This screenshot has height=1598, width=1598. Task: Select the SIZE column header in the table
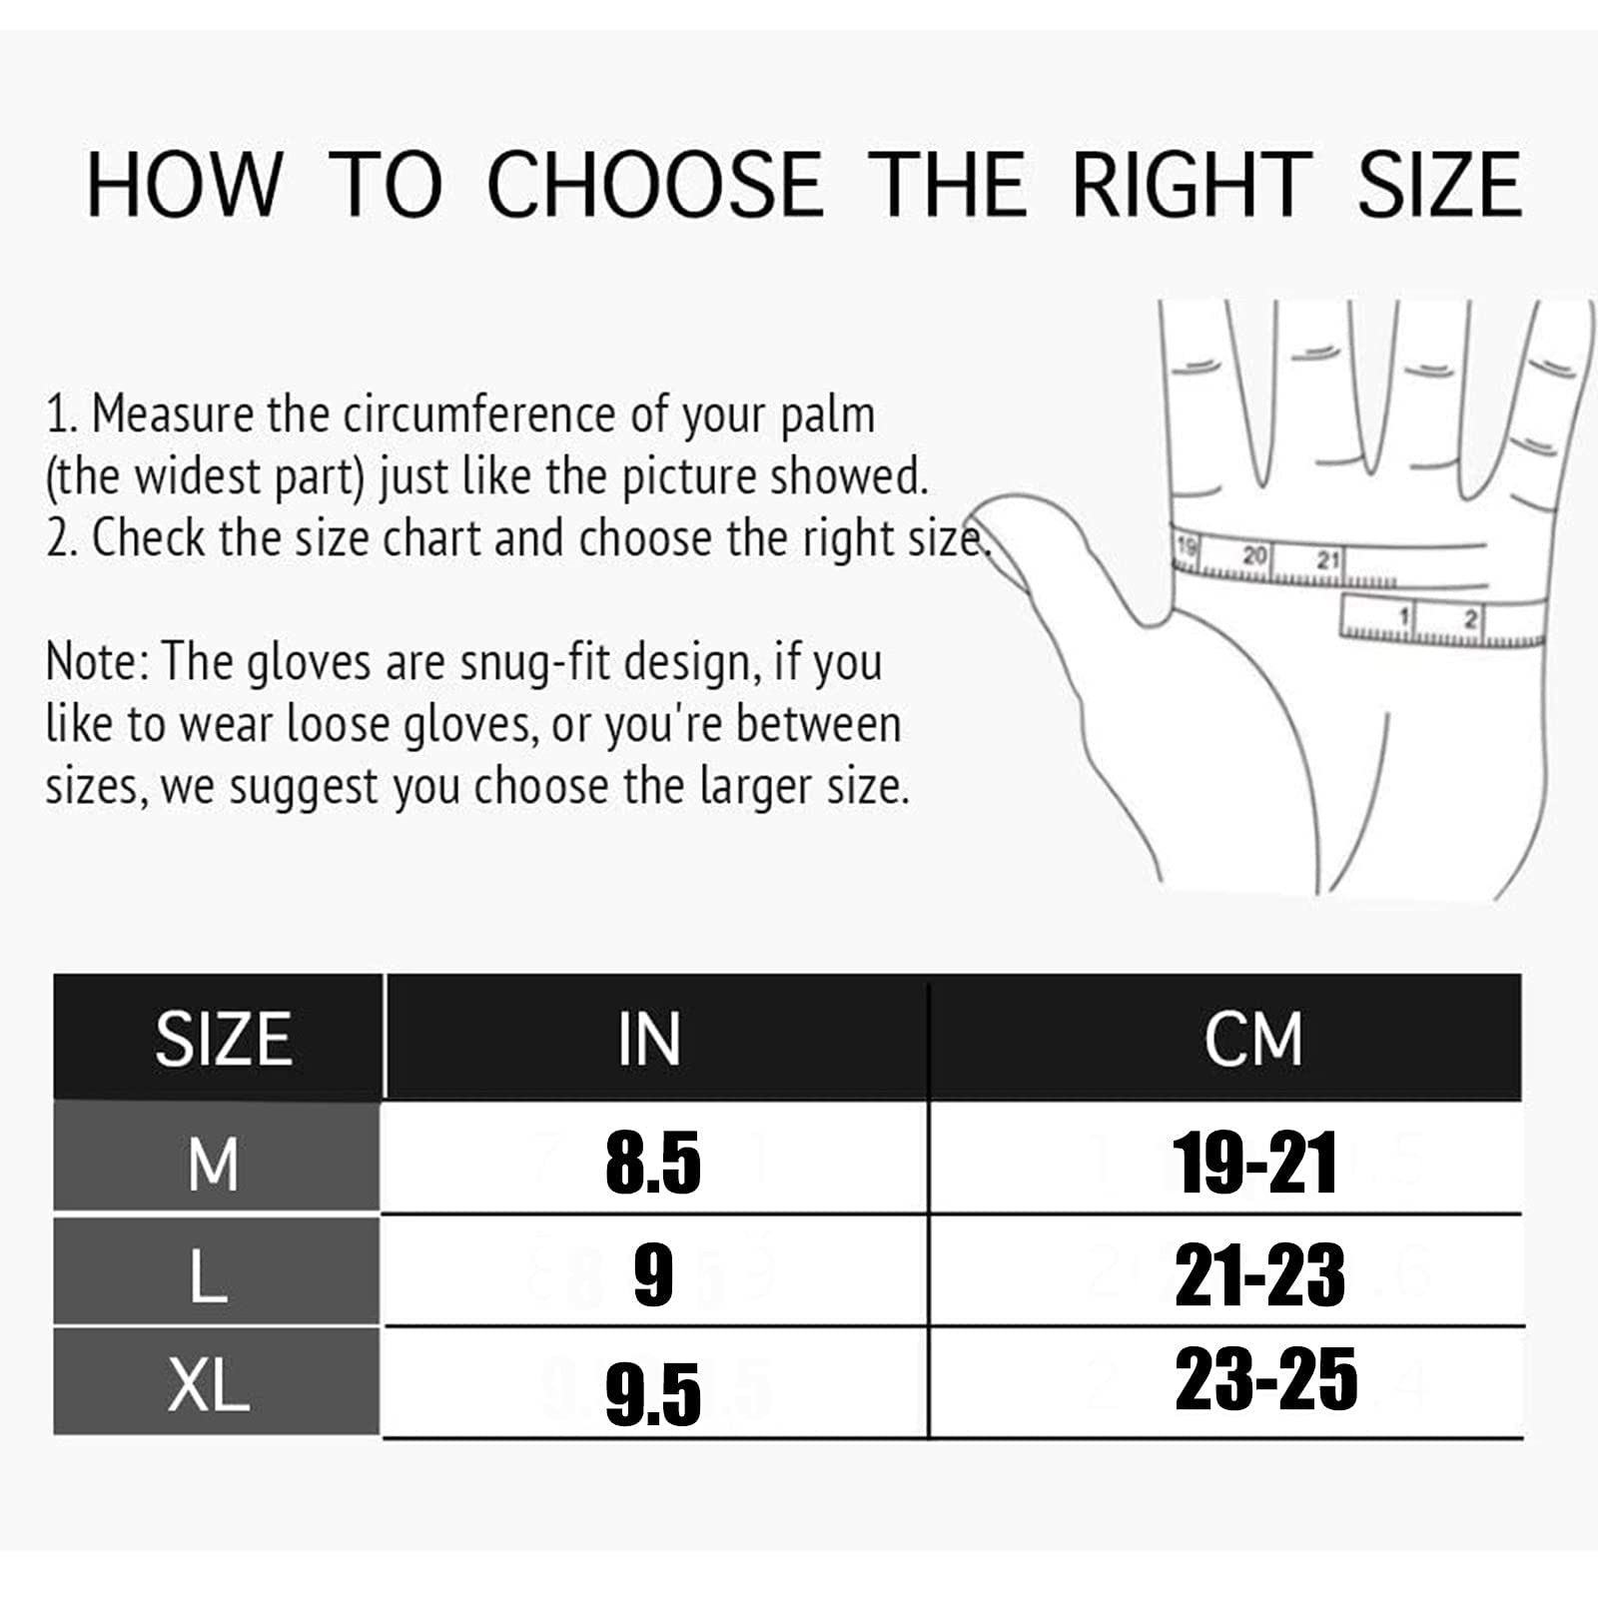pos(223,1039)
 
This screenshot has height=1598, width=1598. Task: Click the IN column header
pos(649,1039)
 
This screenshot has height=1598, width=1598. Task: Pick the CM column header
pos(1253,1039)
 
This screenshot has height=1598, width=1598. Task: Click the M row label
pos(213,1164)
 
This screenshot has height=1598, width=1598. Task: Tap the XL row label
pos(208,1385)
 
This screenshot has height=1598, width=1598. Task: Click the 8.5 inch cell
pos(653,1164)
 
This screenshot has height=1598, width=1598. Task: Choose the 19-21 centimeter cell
pos(1255,1164)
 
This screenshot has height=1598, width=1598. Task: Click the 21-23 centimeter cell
pos(1259,1275)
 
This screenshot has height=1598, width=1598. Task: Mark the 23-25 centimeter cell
pos(1266,1379)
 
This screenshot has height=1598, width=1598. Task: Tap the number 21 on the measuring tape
pos(1327,560)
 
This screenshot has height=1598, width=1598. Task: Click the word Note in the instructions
pos(97,661)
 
